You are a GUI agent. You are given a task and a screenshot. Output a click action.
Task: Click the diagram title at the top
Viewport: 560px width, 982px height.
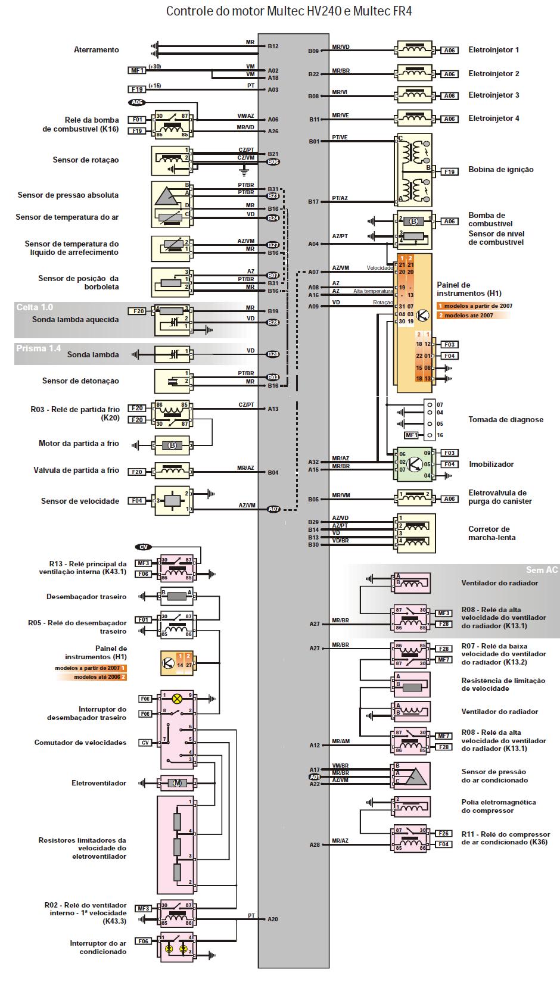288,11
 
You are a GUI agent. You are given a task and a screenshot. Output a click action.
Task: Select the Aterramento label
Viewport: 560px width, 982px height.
97,50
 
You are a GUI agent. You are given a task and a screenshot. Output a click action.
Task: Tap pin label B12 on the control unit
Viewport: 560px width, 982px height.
273,46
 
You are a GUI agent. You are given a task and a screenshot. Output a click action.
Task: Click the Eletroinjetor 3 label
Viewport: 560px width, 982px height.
493,95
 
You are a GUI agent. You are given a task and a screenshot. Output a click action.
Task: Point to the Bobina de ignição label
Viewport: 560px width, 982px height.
500,170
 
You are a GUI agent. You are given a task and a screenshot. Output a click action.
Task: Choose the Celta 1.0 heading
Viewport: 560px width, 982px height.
35,307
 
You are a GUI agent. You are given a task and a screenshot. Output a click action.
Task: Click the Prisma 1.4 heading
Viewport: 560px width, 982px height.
38,348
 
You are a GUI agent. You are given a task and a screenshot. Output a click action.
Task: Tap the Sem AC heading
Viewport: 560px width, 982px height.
542,570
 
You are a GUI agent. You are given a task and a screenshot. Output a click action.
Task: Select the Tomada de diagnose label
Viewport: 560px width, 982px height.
505,420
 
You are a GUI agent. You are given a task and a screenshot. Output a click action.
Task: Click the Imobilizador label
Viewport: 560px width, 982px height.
491,464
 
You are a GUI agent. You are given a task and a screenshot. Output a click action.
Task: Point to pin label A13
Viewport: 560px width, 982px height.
273,409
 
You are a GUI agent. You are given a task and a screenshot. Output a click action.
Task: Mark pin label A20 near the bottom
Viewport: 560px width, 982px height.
273,919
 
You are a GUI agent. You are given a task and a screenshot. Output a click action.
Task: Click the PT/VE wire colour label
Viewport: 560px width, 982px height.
340,138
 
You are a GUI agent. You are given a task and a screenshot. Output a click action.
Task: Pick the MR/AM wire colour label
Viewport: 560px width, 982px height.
341,741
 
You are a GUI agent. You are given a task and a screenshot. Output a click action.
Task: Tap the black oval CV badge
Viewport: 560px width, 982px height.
144,547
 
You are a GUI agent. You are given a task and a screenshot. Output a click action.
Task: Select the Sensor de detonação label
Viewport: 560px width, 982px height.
80,381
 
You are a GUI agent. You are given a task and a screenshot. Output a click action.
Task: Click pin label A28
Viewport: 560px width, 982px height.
315,844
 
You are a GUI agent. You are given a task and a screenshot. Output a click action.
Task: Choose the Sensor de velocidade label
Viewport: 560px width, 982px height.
80,501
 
